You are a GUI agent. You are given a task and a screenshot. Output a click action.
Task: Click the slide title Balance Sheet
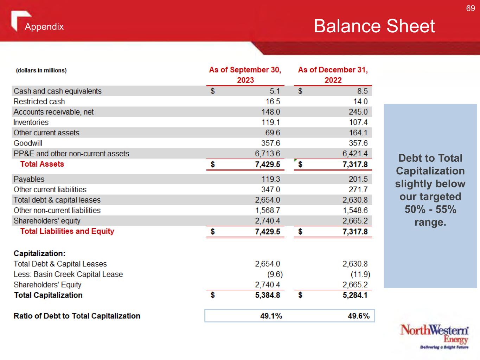(x=374, y=26)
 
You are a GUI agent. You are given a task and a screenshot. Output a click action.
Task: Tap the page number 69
(x=471, y=8)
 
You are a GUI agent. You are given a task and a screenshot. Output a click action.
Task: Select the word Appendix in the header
(x=44, y=27)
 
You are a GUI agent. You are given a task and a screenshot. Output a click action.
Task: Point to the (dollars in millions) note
(x=41, y=70)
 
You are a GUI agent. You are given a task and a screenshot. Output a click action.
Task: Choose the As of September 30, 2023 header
(x=245, y=75)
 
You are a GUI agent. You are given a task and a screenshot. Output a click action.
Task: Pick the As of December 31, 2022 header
(x=333, y=75)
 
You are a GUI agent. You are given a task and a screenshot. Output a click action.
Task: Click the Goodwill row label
(x=28, y=143)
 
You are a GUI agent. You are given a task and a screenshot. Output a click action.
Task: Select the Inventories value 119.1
(x=270, y=122)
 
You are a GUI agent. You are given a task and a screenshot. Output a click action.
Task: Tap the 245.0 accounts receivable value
(x=358, y=112)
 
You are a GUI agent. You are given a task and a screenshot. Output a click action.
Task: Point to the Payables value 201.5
(x=358, y=179)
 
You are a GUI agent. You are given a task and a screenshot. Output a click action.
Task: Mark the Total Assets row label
(x=42, y=164)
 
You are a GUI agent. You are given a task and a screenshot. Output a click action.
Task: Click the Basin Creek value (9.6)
(x=275, y=274)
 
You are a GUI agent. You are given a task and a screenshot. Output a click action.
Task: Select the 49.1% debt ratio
(x=271, y=316)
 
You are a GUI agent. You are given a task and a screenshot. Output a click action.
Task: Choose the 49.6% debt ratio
(x=359, y=316)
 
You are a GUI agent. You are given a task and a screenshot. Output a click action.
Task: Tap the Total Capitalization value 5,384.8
(x=268, y=295)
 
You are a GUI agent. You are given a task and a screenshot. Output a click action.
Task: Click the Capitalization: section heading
(x=39, y=253)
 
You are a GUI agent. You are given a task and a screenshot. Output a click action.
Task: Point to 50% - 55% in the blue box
(x=430, y=210)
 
